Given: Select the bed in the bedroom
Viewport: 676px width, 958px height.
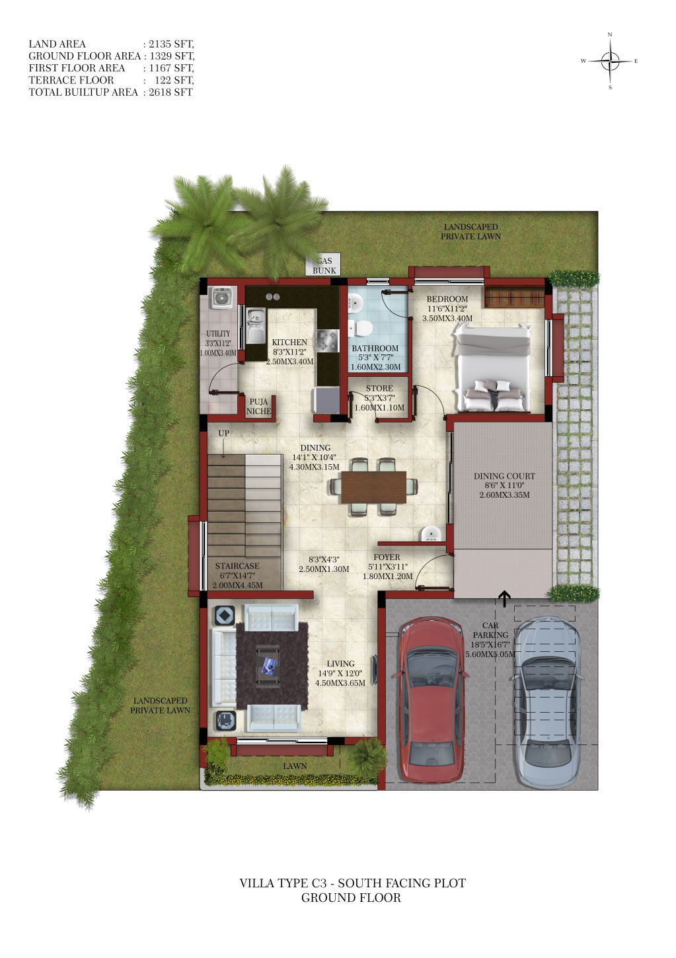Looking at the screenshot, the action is click(492, 367).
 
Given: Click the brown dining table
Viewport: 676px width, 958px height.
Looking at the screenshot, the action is click(373, 487).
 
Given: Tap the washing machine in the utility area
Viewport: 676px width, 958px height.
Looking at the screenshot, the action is click(221, 297).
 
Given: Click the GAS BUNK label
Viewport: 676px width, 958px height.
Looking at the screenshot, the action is click(324, 266).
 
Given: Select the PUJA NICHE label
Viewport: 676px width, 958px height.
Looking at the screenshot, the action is click(258, 407).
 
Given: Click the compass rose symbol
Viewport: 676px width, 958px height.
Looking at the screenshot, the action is click(610, 61).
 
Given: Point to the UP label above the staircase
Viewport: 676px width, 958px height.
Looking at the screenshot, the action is click(223, 433).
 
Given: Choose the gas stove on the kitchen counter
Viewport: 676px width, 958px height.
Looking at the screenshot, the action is click(328, 341).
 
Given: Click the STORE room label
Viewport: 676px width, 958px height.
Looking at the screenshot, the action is click(379, 388).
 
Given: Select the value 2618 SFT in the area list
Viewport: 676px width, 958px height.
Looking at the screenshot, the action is click(170, 92).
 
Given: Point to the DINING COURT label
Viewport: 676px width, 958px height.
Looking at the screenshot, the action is click(504, 476).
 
